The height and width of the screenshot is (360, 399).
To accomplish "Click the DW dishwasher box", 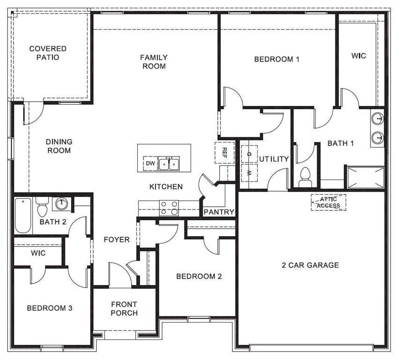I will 150,164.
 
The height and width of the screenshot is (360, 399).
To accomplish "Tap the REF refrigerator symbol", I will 224,152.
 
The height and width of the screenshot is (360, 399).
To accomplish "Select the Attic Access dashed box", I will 329,202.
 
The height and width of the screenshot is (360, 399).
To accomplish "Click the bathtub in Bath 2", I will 23,215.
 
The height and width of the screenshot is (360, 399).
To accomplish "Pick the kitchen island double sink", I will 169,164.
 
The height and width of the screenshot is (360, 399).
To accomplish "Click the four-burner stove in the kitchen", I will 169,208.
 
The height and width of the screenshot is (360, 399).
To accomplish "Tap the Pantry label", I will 219,212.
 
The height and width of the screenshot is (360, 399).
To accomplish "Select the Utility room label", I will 274,159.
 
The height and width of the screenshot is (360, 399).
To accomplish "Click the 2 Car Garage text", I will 310,265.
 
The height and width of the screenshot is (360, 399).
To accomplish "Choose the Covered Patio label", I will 48,52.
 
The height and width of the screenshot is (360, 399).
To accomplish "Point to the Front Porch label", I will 124,308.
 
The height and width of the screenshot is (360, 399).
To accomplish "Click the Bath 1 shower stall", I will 365,177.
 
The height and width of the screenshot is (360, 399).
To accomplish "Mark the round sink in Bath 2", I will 61,203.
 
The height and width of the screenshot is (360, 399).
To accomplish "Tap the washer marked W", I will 249,172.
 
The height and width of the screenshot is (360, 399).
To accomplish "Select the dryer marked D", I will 249,154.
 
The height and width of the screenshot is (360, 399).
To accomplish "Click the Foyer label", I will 117,240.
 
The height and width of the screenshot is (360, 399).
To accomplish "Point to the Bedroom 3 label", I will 49,308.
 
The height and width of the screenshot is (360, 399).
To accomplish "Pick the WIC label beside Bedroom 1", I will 359,55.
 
